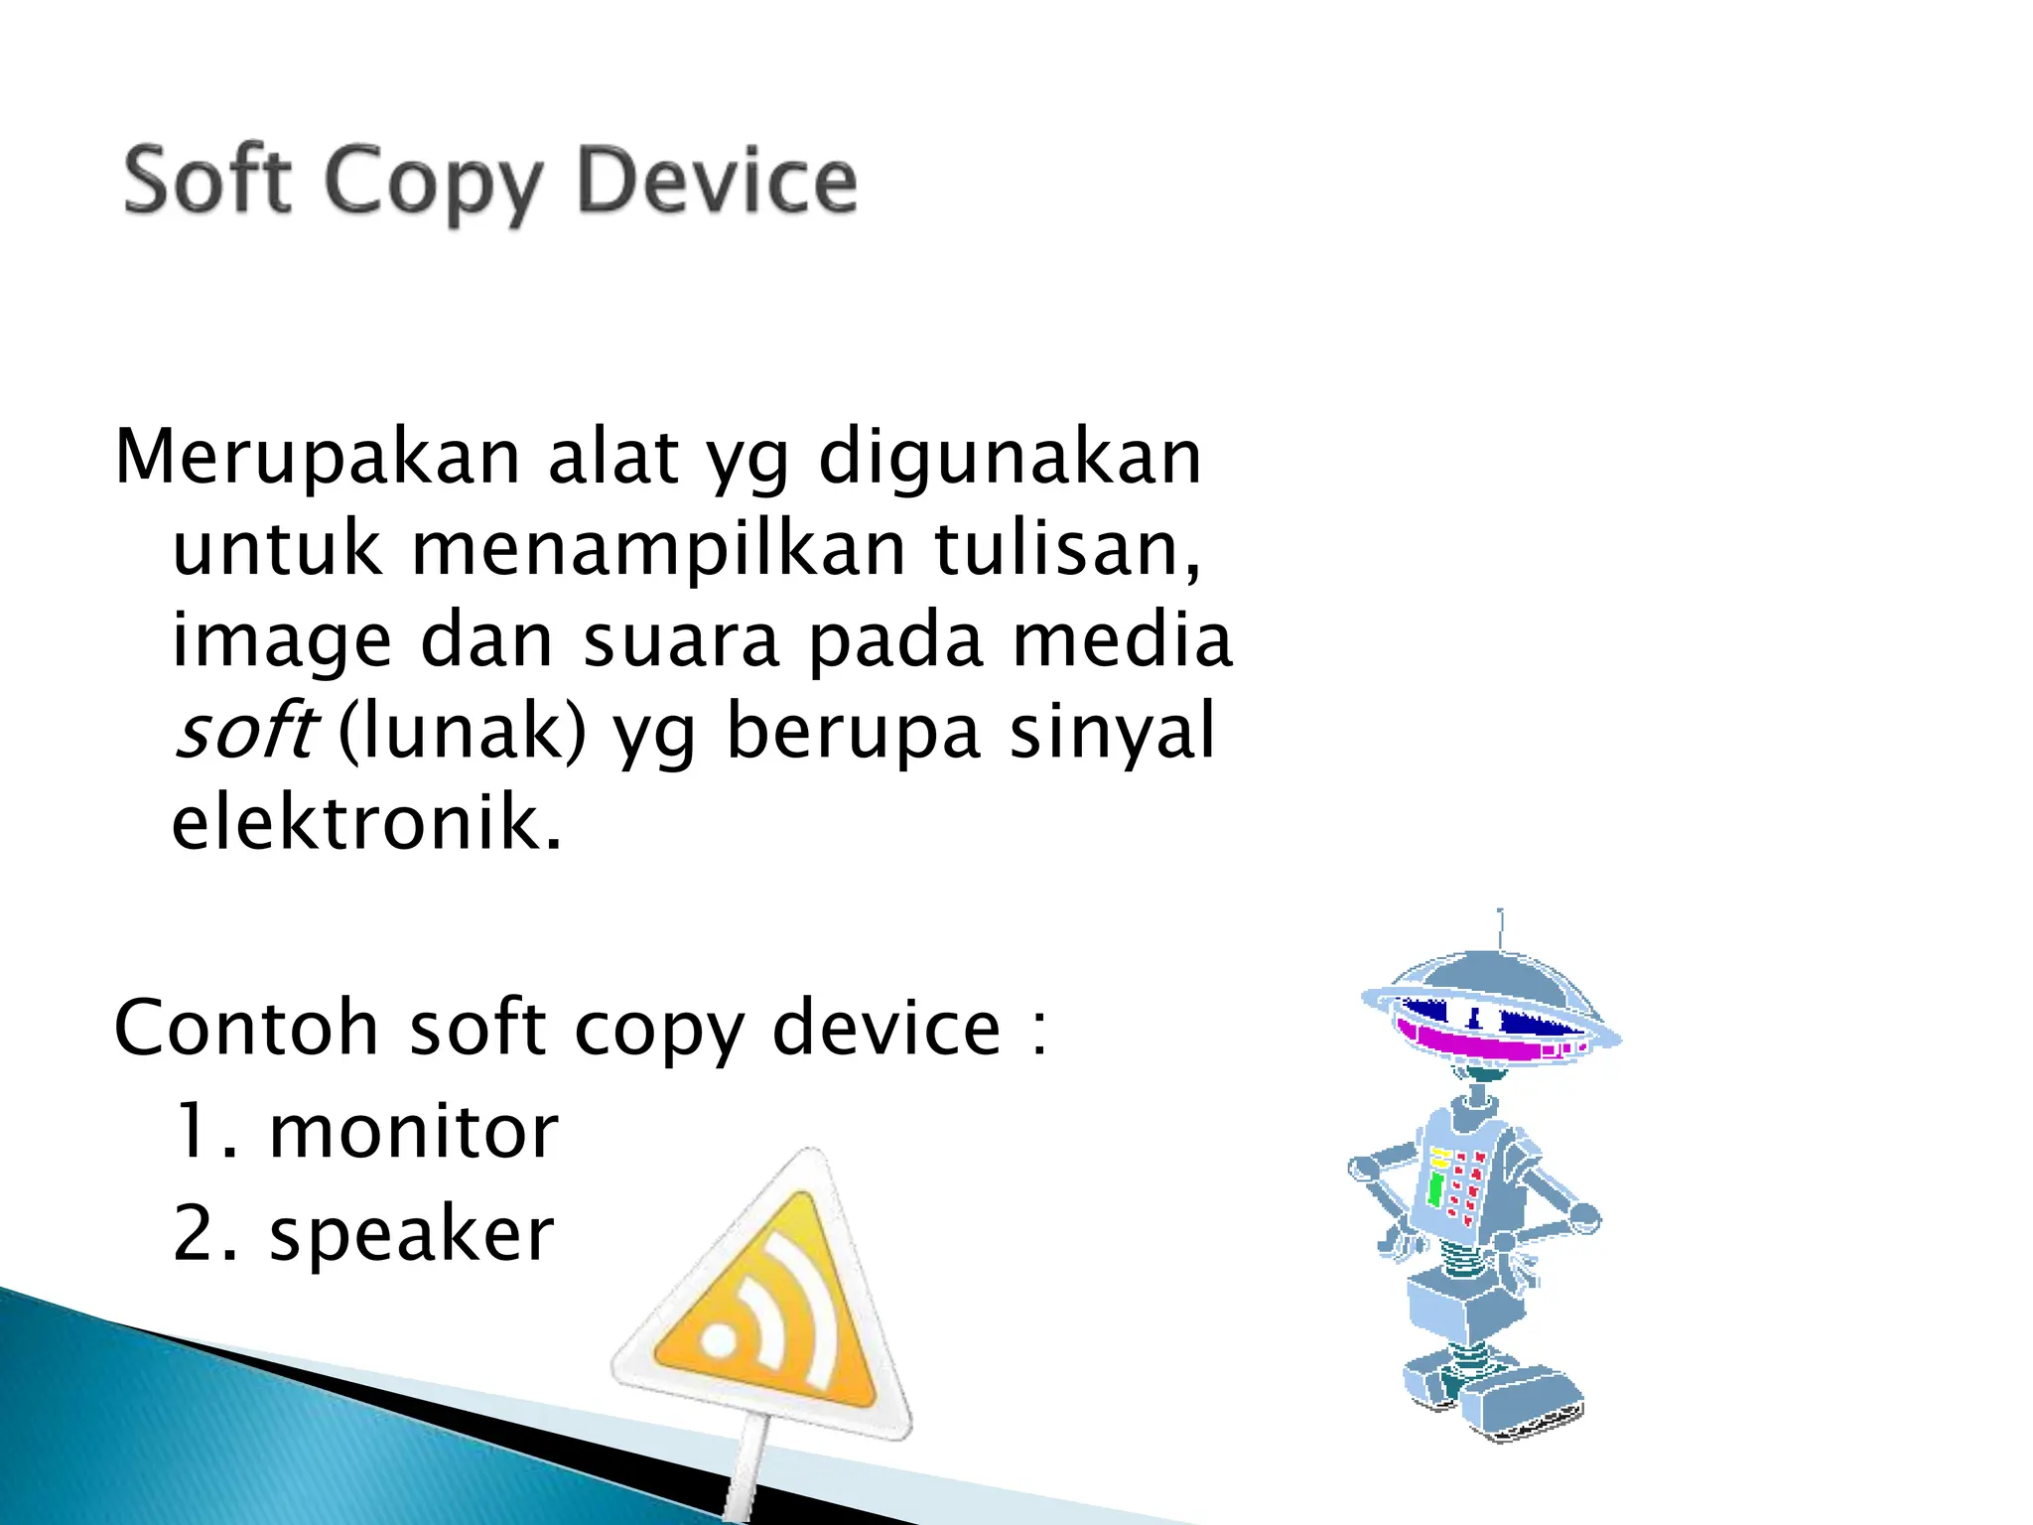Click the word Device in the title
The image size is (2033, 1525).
[x=717, y=181]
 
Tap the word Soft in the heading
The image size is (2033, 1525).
[x=207, y=181]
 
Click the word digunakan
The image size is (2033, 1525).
[x=1010, y=458]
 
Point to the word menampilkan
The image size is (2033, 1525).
[x=658, y=549]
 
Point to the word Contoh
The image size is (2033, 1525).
[x=246, y=1028]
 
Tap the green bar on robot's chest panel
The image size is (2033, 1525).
[x=1435, y=1187]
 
